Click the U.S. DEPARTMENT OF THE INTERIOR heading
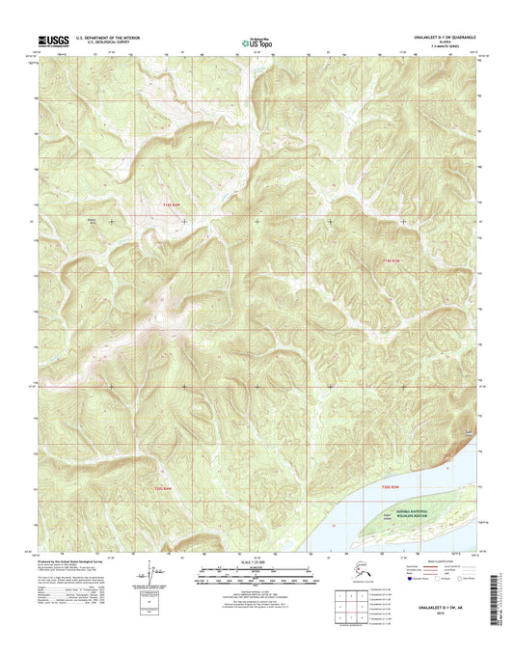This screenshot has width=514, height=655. point(100,41)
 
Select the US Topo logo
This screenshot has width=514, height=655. point(257,43)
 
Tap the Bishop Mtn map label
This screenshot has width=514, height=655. point(95,220)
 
